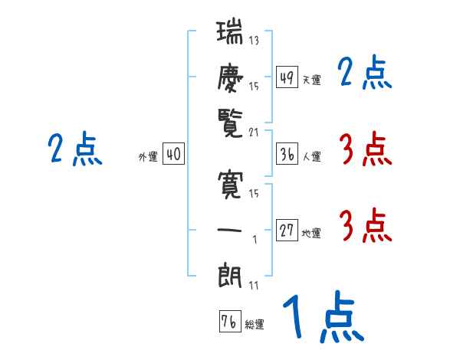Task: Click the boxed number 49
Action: tap(287, 77)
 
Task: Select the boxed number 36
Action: tap(287, 154)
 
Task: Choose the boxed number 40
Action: tap(173, 154)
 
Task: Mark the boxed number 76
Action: tap(228, 321)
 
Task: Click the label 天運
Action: tap(311, 80)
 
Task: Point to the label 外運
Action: tap(147, 157)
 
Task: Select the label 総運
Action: tap(255, 324)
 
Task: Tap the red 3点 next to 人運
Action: tap(365, 149)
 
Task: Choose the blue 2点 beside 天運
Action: tap(365, 74)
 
